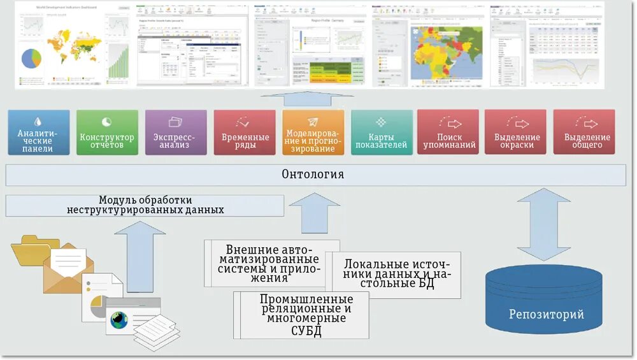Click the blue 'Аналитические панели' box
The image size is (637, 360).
coord(39,132)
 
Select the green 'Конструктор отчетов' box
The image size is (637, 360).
coord(107,132)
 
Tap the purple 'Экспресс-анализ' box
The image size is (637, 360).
coord(176,132)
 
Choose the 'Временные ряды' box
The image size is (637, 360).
coord(245,132)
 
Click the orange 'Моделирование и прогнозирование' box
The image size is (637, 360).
coord(313,132)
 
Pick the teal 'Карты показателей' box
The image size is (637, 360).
coord(382,132)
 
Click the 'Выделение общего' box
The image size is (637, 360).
coord(584,132)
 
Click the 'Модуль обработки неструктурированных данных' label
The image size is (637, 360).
coord(145,205)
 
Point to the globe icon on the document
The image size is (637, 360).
coord(118,320)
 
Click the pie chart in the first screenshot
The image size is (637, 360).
coord(31,59)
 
